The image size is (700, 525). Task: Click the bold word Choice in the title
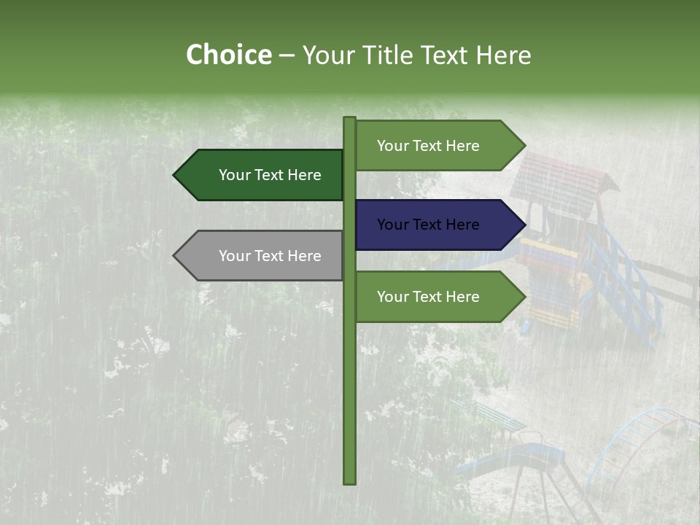(x=228, y=55)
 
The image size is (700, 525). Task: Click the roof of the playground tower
(x=561, y=179)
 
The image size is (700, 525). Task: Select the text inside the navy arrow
(x=428, y=225)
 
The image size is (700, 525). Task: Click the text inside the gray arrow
(x=270, y=256)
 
